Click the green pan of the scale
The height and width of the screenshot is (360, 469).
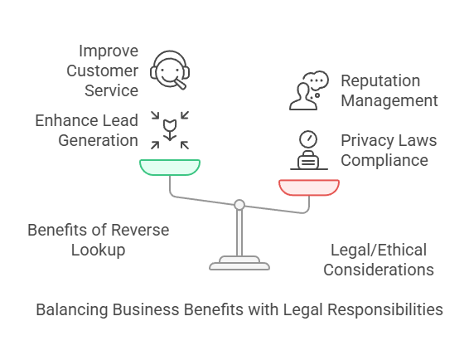170,167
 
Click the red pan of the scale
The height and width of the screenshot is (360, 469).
309,187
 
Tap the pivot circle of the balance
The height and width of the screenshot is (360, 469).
239,205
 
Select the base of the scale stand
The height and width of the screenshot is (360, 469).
239,263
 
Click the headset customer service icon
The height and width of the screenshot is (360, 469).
170,70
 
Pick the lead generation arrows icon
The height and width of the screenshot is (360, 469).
170,130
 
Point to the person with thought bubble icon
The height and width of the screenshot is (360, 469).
309,90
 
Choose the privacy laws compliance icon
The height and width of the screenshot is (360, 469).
309,150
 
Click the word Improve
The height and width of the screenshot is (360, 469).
109,51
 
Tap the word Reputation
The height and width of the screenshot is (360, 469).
380,80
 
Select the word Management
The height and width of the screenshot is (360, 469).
389,100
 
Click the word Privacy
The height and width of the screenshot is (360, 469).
361,140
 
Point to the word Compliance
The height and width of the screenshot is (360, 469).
384,161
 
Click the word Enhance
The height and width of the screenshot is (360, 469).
62,120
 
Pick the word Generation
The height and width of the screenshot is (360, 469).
98,140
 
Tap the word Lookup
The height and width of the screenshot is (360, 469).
98,250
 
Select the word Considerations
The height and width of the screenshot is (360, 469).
379,270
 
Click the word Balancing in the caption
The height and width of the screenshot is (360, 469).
72,309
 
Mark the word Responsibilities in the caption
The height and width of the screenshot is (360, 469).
385,309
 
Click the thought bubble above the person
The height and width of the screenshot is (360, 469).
316,80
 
